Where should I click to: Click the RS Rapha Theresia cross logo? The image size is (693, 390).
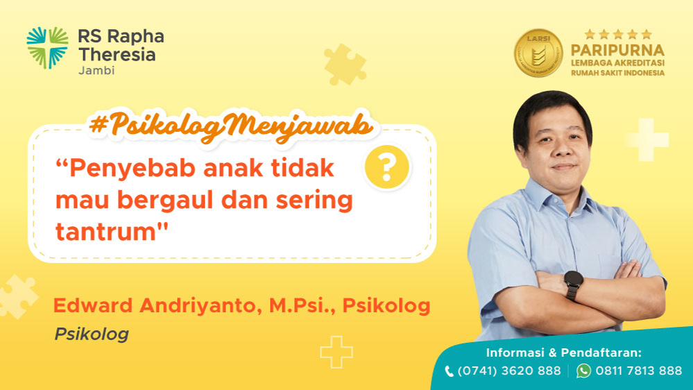coord(47,48)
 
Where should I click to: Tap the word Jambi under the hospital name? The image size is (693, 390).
coord(96,70)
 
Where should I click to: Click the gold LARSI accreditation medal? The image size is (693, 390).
coord(538,53)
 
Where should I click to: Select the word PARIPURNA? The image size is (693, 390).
coord(617,50)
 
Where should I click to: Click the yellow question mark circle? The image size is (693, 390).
coord(386,167)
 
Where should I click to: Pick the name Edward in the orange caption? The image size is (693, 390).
coord(93,305)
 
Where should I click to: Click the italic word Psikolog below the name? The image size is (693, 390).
coord(92,334)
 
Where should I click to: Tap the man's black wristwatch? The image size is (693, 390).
coord(573,283)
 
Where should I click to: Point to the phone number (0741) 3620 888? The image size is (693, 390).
coord(508,371)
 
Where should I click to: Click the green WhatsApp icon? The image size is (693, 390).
coord(583,371)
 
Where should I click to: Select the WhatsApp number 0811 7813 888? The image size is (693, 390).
coord(639,371)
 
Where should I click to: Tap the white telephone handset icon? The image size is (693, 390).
coord(449,371)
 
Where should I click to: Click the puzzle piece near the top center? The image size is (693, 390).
coord(345,65)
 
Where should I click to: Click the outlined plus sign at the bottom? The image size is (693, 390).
coord(336,352)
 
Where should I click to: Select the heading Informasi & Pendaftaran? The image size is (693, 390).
coord(563,353)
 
